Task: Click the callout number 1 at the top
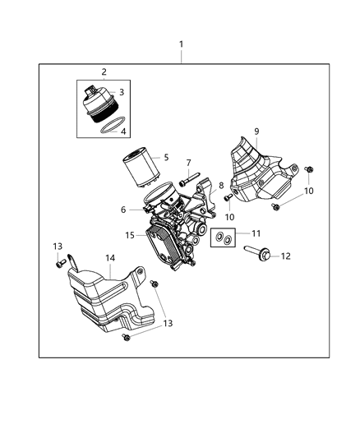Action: pyautogui.click(x=182, y=44)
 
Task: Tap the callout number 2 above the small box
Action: pyautogui.click(x=104, y=71)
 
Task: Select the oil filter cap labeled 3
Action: pyautogui.click(x=100, y=104)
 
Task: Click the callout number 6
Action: pyautogui.click(x=123, y=210)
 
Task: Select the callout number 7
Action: pyautogui.click(x=188, y=163)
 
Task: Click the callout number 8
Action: pyautogui.click(x=220, y=186)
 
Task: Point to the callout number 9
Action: pyautogui.click(x=256, y=131)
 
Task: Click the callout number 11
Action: pyautogui.click(x=256, y=233)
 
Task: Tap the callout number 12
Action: pyautogui.click(x=286, y=256)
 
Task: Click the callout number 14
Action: pyautogui.click(x=110, y=257)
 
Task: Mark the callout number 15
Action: pyautogui.click(x=129, y=235)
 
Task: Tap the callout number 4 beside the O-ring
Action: pyautogui.click(x=123, y=131)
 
